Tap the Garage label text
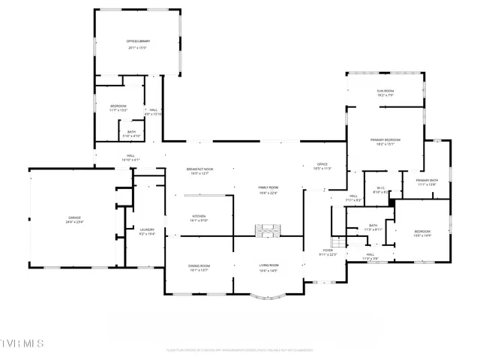pyautogui.click(x=74, y=219)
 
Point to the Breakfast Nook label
pyautogui.click(x=199, y=169)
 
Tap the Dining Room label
pyautogui.click(x=199, y=265)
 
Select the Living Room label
pyautogui.click(x=268, y=265)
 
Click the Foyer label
pyautogui.click(x=328, y=250)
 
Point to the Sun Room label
pyautogui.click(x=385, y=91)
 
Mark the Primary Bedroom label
pyautogui.click(x=385, y=139)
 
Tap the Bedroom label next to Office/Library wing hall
pyautogui.click(x=118, y=106)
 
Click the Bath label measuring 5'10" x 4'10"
pyautogui.click(x=131, y=133)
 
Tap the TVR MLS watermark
pyautogui.click(x=22, y=343)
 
